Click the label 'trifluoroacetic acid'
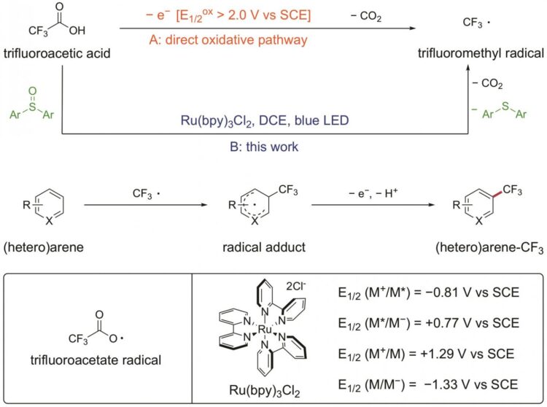click(57, 53)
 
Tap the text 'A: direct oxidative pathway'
click(228, 40)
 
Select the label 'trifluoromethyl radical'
click(481, 53)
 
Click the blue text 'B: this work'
click(264, 147)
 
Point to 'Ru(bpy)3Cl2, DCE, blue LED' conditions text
click(265, 120)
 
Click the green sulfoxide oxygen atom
click(32, 91)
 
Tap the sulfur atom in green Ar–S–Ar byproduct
click(505, 106)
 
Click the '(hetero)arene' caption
click(44, 247)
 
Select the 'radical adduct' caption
click(264, 247)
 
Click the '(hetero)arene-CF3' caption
click(489, 248)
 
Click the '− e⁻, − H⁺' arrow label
click(373, 193)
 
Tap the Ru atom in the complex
click(265, 329)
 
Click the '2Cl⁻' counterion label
click(296, 286)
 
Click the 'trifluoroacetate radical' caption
click(96, 360)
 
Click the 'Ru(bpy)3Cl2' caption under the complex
click(265, 391)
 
